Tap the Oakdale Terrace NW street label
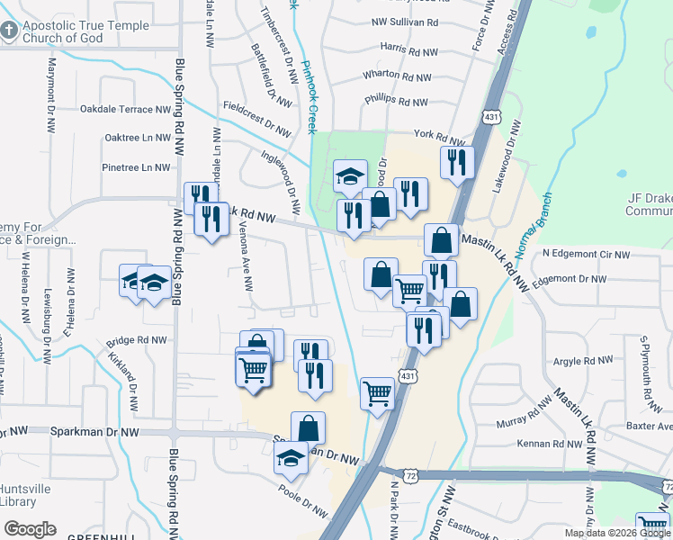pyautogui.click(x=125, y=110)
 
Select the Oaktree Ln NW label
pyautogui.click(x=138, y=138)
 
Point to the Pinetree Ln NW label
pyautogui.click(x=136, y=166)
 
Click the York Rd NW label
pyautogui.click(x=439, y=136)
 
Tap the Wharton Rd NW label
pyautogui.click(x=397, y=77)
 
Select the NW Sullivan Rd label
pyautogui.click(x=405, y=21)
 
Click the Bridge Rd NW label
pyautogui.click(x=137, y=341)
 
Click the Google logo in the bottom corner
pyautogui.click(x=30, y=529)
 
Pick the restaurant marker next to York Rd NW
pyautogui.click(x=457, y=163)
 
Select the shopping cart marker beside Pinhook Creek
pyautogui.click(x=377, y=392)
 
